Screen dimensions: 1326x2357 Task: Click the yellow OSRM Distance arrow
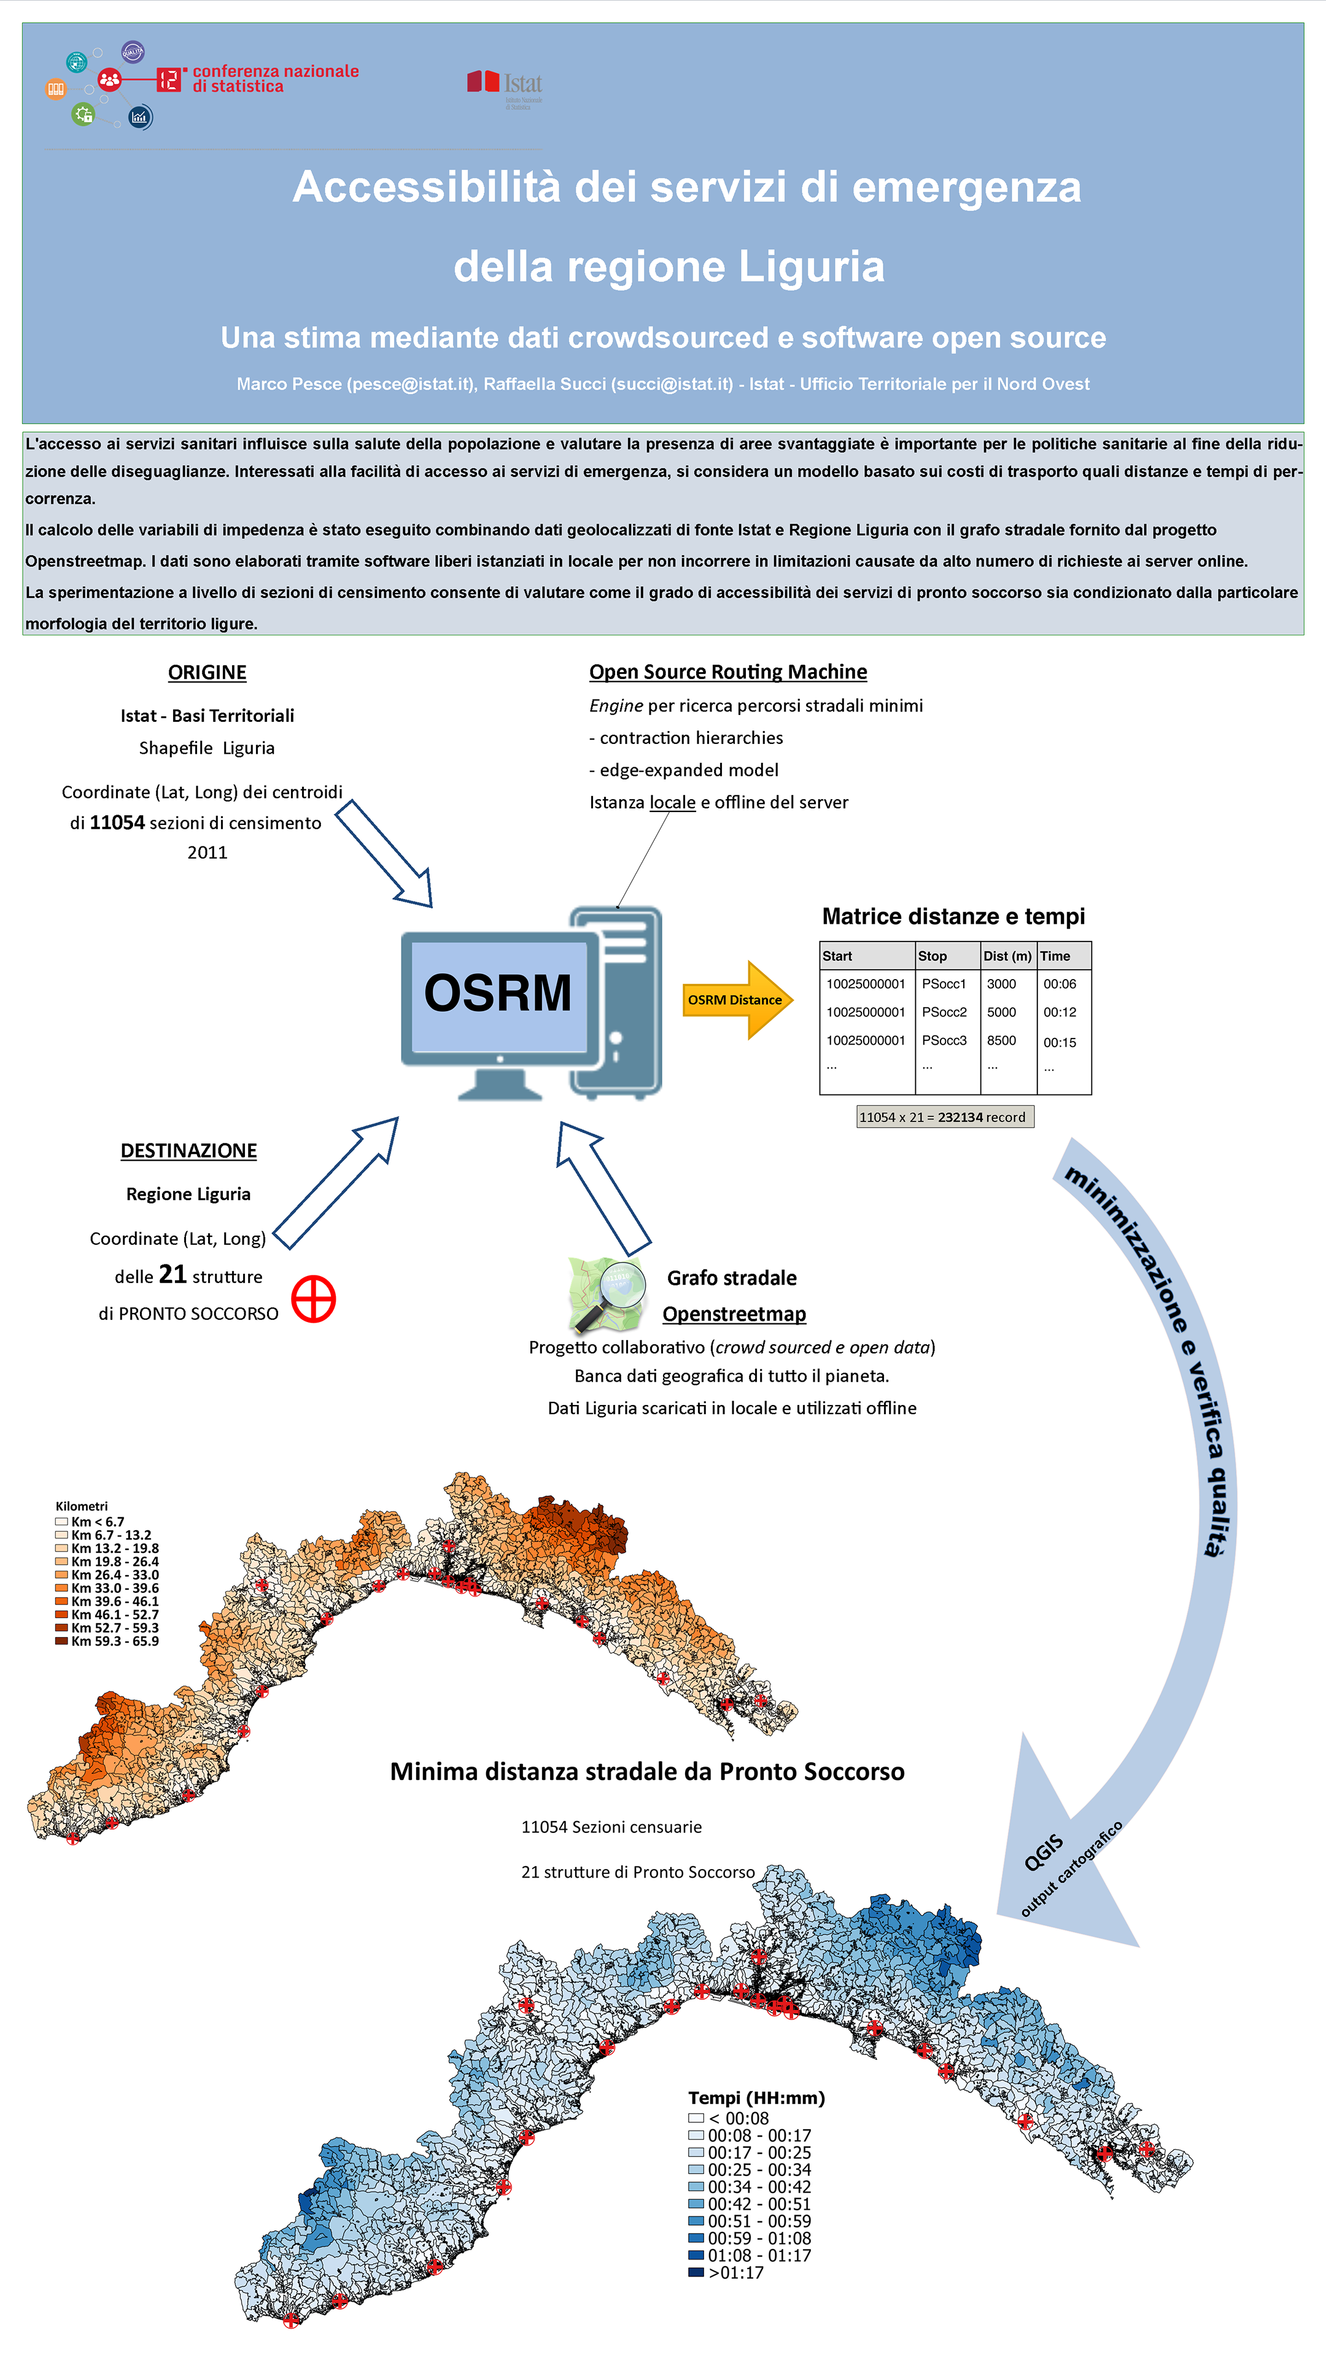click(x=737, y=999)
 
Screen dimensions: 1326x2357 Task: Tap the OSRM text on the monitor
click(x=498, y=993)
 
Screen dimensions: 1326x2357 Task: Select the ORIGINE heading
click(x=207, y=673)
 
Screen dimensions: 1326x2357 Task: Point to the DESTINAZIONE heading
click(x=188, y=1150)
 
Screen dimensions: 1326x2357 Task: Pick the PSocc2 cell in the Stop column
click(x=944, y=1012)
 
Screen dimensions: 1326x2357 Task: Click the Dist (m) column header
click(x=1007, y=956)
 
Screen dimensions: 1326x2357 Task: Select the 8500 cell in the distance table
click(x=1001, y=1040)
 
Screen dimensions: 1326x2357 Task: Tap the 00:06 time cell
click(x=1060, y=985)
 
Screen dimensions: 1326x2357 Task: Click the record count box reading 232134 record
click(x=944, y=1117)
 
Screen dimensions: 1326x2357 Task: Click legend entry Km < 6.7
click(x=90, y=1522)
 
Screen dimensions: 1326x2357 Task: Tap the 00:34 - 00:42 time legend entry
click(x=750, y=2187)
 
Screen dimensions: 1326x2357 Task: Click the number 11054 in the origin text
click(x=117, y=822)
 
